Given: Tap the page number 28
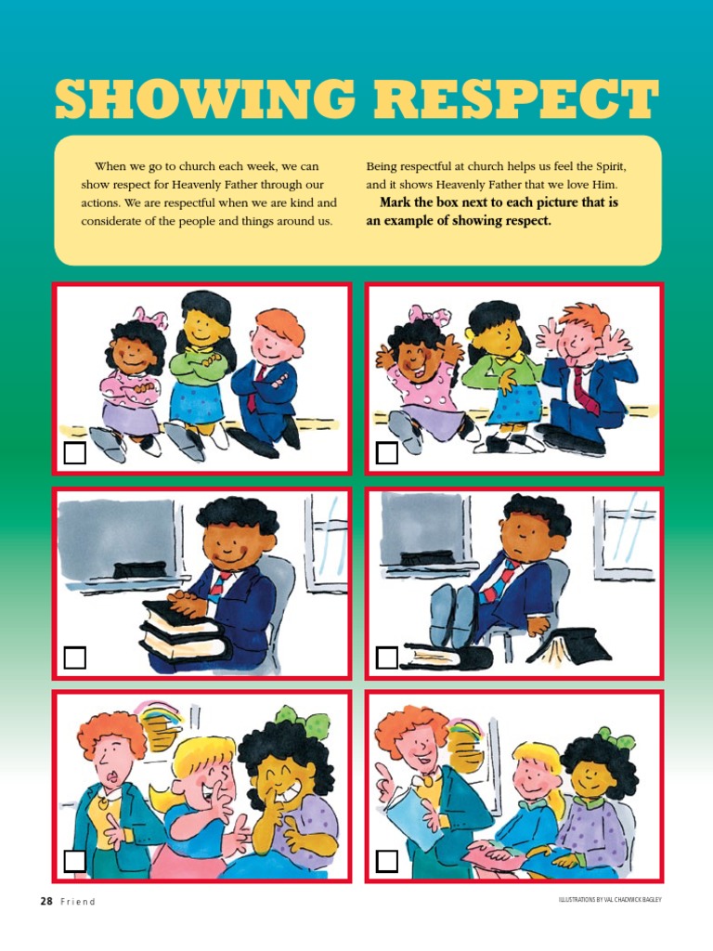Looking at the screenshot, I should point(45,901).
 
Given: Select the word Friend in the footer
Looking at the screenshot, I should point(78,902).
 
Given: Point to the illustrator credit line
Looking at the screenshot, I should point(610,900).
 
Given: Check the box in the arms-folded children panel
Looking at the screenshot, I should point(75,453).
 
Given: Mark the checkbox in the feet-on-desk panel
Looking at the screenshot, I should point(387,658).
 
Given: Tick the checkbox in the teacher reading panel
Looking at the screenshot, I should point(387,861).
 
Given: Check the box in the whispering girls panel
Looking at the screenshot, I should point(75,861).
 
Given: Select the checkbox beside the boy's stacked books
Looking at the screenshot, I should point(75,658).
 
